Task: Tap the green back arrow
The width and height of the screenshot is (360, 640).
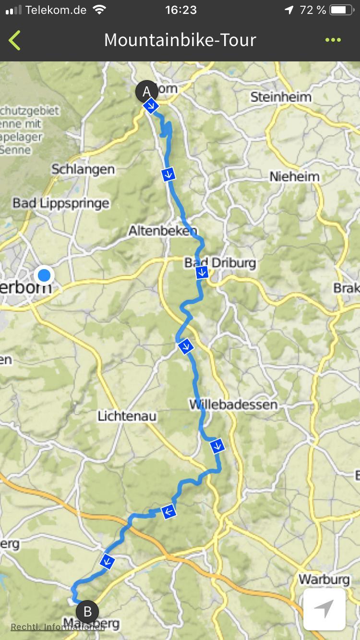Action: tap(15, 40)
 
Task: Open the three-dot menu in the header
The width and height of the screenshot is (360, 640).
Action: tap(333, 40)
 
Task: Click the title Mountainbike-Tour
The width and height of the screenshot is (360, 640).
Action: tap(180, 40)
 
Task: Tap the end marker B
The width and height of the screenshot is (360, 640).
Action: tap(87, 612)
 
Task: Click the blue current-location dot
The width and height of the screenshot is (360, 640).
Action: tap(44, 275)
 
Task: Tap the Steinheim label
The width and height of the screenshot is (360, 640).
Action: tap(281, 97)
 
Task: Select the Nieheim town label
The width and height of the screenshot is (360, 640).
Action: tap(294, 177)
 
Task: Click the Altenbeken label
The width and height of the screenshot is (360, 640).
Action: tap(162, 231)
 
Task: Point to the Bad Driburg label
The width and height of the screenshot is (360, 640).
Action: tap(220, 262)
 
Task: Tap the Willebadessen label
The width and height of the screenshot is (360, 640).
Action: tap(233, 404)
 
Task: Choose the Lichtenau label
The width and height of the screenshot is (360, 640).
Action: tap(127, 415)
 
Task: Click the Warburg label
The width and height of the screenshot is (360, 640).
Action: tap(324, 579)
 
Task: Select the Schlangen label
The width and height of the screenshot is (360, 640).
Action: tap(83, 169)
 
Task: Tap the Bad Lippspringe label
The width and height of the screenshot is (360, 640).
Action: tap(61, 203)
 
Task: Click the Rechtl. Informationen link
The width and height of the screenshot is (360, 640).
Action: tap(58, 627)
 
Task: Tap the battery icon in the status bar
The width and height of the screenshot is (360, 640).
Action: tap(341, 10)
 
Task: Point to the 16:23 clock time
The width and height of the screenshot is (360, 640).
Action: tap(180, 10)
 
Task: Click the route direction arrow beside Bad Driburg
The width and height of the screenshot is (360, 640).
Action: tap(202, 273)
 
